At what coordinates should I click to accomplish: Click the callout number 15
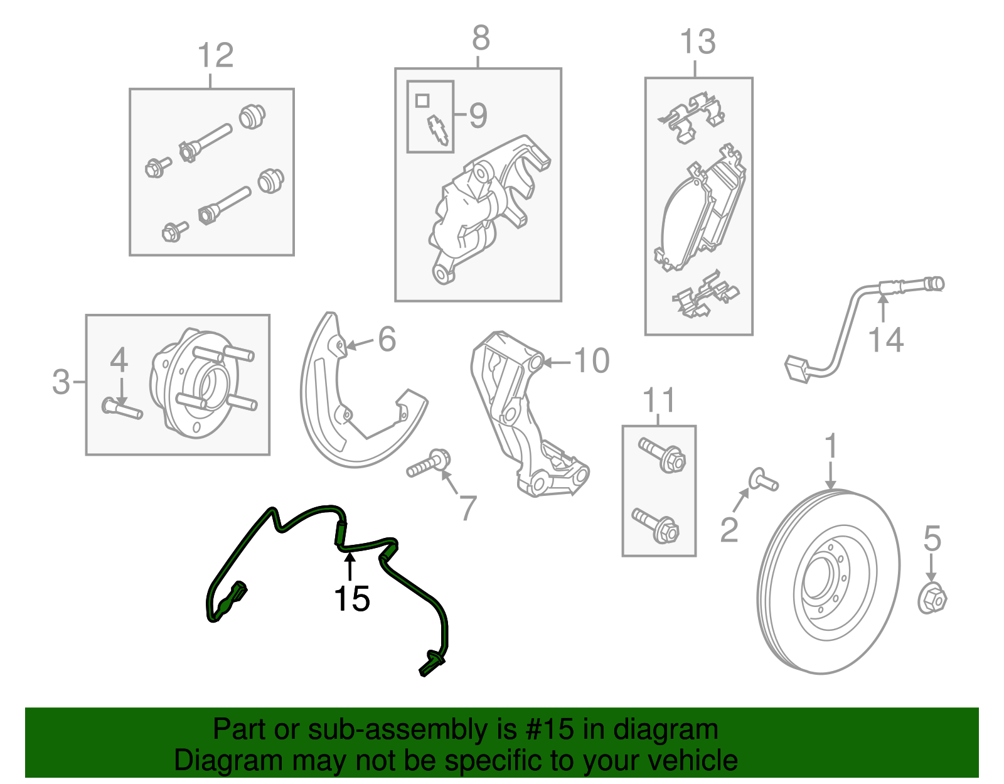pyautogui.click(x=351, y=599)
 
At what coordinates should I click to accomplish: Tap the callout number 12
pyautogui.click(x=215, y=55)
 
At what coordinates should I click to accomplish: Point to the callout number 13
pyautogui.click(x=698, y=42)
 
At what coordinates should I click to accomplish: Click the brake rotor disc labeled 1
pyautogui.click(x=828, y=581)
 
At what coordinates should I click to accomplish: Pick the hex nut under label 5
pyautogui.click(x=932, y=599)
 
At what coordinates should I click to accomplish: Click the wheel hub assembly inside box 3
pyautogui.click(x=201, y=383)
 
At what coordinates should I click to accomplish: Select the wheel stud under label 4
pyautogui.click(x=122, y=409)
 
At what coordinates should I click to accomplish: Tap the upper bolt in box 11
pyautogui.click(x=662, y=455)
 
